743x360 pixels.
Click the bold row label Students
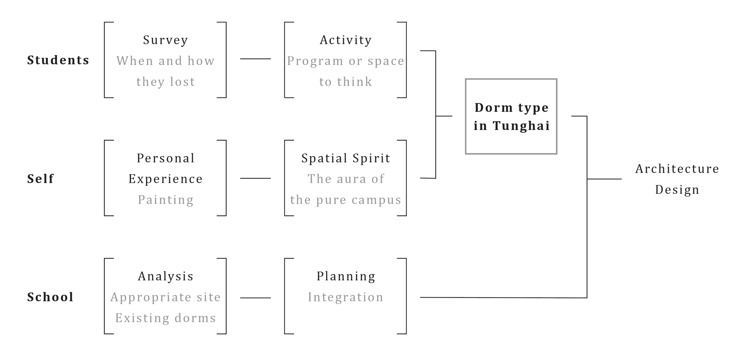coord(58,60)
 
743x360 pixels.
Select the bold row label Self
coord(40,179)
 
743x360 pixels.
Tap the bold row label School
coord(50,297)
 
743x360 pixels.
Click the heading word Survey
coord(166,40)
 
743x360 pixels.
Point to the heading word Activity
coord(346,40)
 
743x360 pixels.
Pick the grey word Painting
coord(166,199)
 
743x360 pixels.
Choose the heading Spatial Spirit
coord(346,158)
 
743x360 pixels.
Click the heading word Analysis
coord(166,276)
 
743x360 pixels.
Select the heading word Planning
coord(346,276)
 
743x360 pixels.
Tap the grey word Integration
coord(346,297)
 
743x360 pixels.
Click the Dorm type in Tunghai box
coord(511,116)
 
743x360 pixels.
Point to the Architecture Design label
coord(677,179)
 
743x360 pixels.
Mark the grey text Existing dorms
coord(166,318)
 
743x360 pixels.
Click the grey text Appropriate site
coord(166,297)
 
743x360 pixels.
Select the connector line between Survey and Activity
coord(255,59)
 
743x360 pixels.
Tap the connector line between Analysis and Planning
coord(255,298)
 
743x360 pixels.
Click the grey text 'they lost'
coord(166,82)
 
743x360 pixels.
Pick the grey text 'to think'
coord(346,82)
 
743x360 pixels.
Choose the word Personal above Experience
coord(166,158)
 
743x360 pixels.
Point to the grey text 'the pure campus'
coord(346,200)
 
